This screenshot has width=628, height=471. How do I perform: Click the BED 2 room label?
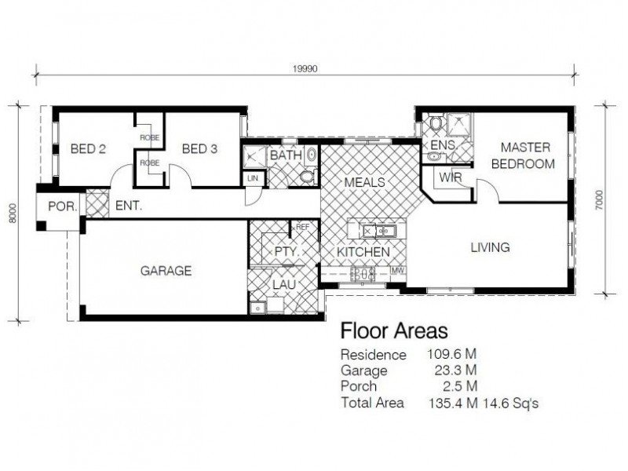[x=88, y=148]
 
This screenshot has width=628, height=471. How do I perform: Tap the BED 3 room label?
[x=199, y=148]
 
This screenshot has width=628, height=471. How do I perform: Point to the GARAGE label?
[x=166, y=271]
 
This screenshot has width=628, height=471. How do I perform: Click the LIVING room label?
[x=490, y=247]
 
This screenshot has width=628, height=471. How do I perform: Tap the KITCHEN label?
[x=363, y=252]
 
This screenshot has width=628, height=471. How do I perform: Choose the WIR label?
[x=450, y=177]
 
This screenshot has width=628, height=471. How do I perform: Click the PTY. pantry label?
[x=283, y=252]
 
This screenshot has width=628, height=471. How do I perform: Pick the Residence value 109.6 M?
[x=451, y=355]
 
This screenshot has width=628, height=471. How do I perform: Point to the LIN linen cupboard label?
[x=253, y=179]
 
